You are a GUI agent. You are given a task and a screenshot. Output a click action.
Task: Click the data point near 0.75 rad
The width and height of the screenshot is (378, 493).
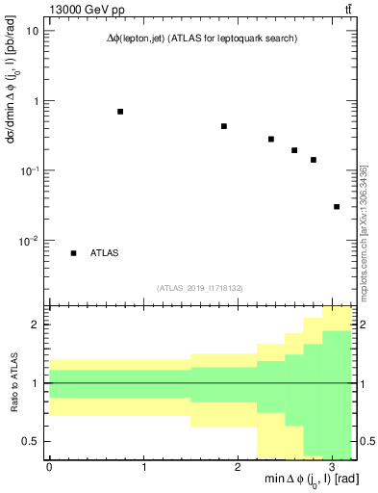tap(120, 112)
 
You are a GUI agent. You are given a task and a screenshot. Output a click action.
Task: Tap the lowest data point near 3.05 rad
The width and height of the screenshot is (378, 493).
tap(337, 206)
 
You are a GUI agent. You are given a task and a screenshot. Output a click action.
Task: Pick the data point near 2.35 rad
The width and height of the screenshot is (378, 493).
tap(271, 139)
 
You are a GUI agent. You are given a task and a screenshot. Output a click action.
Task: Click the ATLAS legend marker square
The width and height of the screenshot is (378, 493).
tap(73, 253)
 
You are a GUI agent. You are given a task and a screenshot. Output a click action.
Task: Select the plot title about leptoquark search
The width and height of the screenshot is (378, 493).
tap(202, 39)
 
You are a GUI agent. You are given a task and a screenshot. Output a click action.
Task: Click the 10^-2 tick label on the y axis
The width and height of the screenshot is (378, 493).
tap(29, 241)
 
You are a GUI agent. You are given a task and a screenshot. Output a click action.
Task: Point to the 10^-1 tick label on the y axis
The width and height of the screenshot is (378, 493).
tap(29, 170)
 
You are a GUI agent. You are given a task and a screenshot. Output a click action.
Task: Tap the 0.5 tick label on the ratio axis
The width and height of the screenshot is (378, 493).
tap(31, 441)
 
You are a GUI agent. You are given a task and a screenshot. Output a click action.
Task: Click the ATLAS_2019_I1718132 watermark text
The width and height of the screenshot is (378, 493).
tap(202, 287)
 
